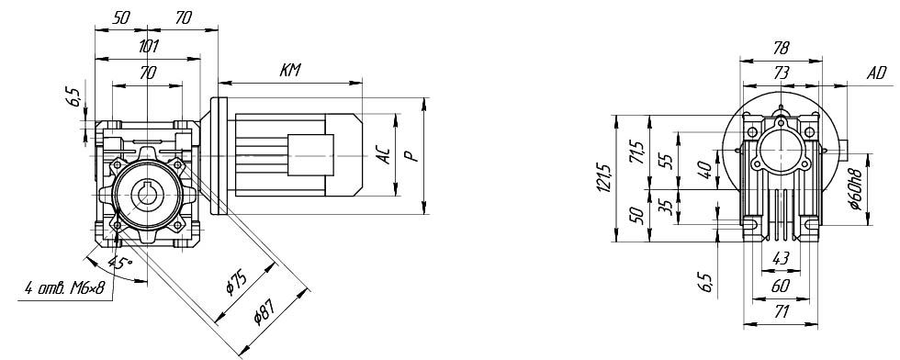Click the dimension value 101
[148, 46]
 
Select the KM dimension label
[290, 71]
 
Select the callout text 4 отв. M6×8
[64, 287]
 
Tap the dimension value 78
[782, 48]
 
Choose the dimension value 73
[782, 73]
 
